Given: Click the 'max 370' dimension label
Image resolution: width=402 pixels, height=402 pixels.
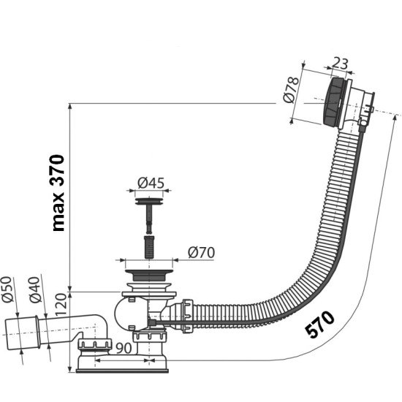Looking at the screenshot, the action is point(58,193).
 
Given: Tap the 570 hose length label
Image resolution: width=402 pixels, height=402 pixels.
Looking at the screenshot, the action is point(320,324).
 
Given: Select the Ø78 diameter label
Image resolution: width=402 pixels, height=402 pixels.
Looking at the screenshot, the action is point(291,89).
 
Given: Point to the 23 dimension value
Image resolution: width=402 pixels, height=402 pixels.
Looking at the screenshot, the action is point(340,64).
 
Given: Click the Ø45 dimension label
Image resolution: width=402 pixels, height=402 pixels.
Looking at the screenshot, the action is point(151,183).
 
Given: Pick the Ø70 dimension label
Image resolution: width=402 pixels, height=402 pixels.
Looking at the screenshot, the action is point(201,253).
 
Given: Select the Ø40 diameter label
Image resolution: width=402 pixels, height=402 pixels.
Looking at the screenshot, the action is point(35,289).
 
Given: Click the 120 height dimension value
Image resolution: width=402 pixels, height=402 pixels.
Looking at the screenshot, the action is point(61,305).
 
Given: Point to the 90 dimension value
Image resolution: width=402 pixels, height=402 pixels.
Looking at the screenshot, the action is point(124,348).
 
